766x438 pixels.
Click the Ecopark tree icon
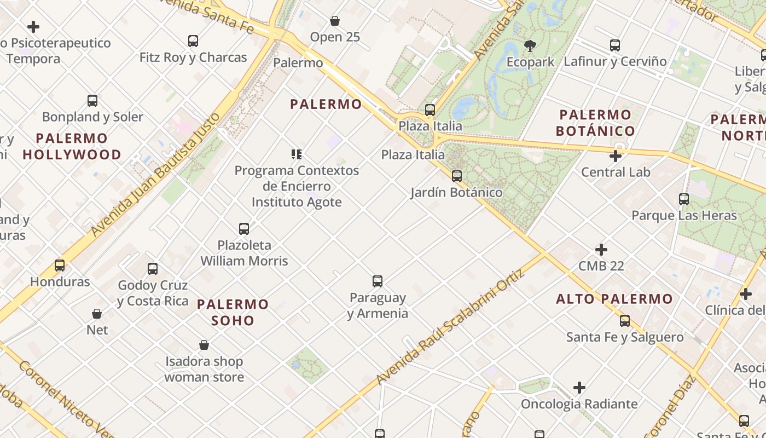click(x=530, y=45)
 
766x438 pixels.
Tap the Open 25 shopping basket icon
click(x=335, y=21)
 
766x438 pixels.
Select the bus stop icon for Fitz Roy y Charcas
click(x=193, y=41)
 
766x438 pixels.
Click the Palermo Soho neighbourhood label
click(x=233, y=312)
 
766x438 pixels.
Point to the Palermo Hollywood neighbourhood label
click(x=72, y=146)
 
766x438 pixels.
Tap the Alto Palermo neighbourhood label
click(x=614, y=299)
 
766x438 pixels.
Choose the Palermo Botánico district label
click(x=595, y=123)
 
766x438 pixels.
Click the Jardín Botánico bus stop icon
click(x=457, y=176)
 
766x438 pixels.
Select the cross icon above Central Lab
click(x=616, y=156)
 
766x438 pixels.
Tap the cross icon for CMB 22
click(x=601, y=250)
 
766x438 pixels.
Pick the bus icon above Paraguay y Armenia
click(x=378, y=281)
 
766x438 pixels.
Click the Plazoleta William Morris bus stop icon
click(x=244, y=229)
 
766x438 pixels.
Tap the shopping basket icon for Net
click(x=97, y=314)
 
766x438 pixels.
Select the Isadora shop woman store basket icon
click(x=204, y=345)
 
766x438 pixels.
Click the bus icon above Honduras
click(x=60, y=266)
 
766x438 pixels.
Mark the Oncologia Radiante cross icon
click(x=579, y=388)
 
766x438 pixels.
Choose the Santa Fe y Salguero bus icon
click(x=625, y=321)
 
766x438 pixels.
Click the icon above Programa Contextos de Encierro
click(x=297, y=154)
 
